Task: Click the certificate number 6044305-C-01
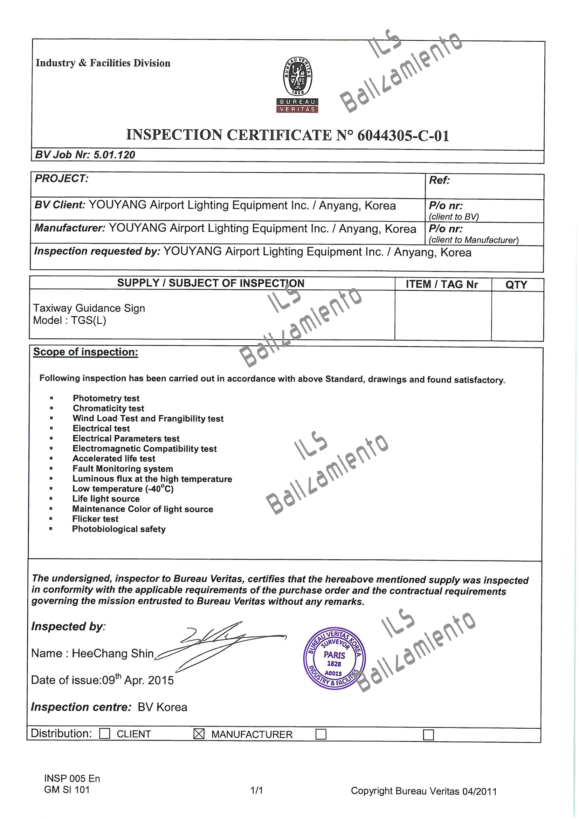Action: coord(403,136)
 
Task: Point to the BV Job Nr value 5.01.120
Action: coord(114,155)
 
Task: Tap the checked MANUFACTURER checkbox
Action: coord(199,734)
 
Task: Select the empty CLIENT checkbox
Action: coord(104,734)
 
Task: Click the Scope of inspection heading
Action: coord(85,352)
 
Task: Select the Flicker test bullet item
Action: coord(95,519)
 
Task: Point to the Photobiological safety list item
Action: coord(119,529)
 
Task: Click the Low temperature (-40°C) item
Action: coord(123,489)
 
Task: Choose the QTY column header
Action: coord(516,285)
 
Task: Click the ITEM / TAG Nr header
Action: coord(442,284)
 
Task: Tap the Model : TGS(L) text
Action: coord(70,320)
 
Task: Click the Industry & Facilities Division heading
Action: coord(103,63)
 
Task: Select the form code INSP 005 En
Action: coord(72,778)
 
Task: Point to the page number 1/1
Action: coord(256,791)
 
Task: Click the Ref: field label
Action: coord(439,180)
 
